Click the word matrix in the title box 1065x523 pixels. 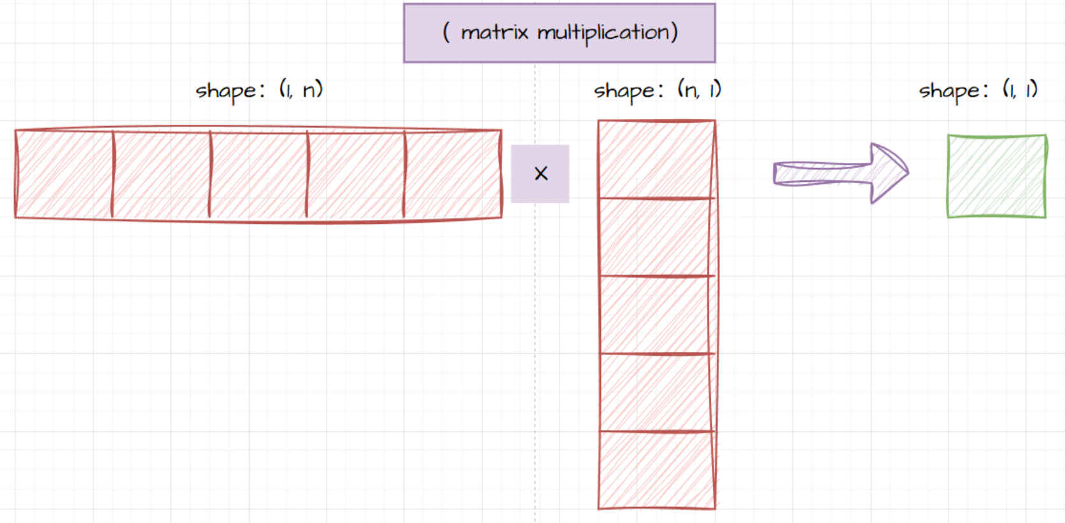[x=494, y=32]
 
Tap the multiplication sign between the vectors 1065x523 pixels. [x=540, y=174]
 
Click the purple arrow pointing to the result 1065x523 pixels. [x=840, y=172]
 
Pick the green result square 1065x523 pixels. [x=996, y=176]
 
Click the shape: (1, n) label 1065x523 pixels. [x=259, y=90]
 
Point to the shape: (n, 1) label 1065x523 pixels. [x=657, y=90]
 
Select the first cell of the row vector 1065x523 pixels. [x=64, y=174]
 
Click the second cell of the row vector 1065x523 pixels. [x=161, y=174]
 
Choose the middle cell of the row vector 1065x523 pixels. [x=258, y=174]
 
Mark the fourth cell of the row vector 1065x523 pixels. [x=355, y=174]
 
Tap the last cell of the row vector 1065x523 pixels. [x=453, y=174]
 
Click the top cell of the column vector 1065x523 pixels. [x=656, y=160]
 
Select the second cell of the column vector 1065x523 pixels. [x=656, y=237]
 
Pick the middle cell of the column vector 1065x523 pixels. [x=656, y=315]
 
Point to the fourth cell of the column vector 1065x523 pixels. [x=656, y=393]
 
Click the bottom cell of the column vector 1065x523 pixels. [x=656, y=470]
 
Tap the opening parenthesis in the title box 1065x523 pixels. [x=446, y=32]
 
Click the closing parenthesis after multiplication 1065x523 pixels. [x=674, y=32]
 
